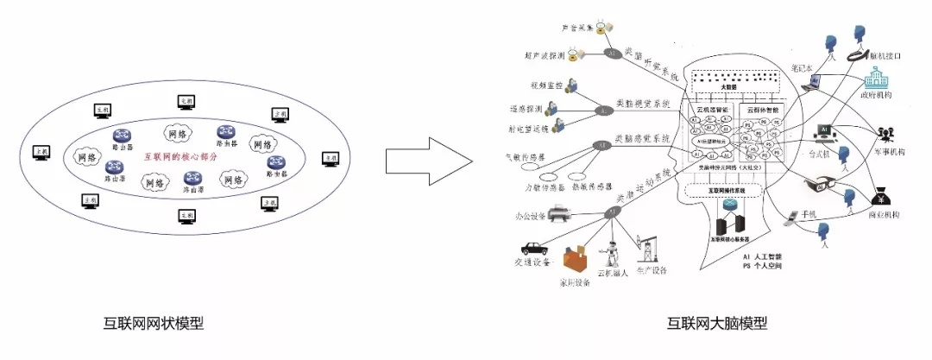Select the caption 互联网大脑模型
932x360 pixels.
pyautogui.click(x=715, y=325)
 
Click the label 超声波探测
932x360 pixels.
pyautogui.click(x=545, y=56)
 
